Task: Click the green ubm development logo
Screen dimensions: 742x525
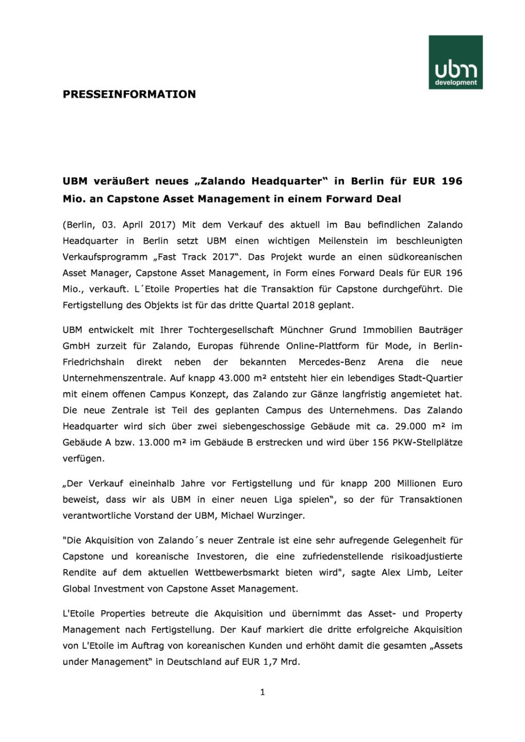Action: click(455, 62)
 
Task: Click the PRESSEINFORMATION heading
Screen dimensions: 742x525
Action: click(129, 94)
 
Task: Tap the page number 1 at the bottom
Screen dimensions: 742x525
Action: click(262, 692)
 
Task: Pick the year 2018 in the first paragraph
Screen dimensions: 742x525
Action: click(303, 305)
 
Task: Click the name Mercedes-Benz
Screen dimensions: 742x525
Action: click(332, 362)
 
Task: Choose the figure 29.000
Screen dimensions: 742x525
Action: click(411, 426)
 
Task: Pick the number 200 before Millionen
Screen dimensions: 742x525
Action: click(382, 483)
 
